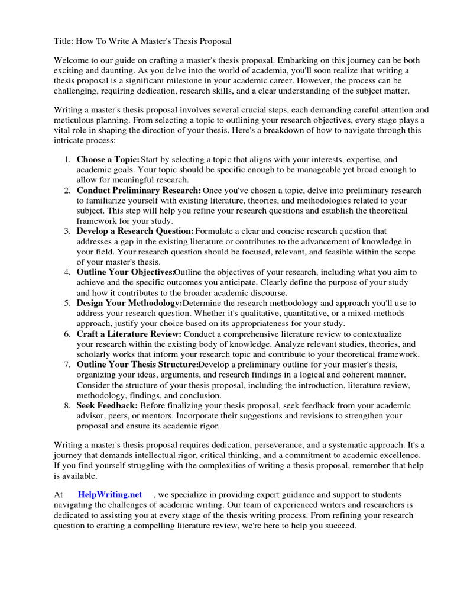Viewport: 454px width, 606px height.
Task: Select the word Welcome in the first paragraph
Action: click(x=73, y=60)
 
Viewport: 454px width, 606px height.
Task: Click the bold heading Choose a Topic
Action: click(x=108, y=160)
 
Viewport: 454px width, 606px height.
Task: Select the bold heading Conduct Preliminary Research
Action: click(x=139, y=191)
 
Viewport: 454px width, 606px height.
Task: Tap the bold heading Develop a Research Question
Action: click(x=135, y=231)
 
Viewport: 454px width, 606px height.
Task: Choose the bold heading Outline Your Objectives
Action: click(x=125, y=272)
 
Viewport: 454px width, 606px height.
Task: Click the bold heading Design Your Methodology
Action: click(x=129, y=303)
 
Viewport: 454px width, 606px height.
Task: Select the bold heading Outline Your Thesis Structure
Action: click(x=137, y=365)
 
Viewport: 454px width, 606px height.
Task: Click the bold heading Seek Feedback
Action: click(x=107, y=405)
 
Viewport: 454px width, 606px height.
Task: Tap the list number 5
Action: click(x=67, y=303)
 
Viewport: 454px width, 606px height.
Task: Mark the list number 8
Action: click(x=67, y=405)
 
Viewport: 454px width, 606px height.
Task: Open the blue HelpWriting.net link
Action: click(x=110, y=494)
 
